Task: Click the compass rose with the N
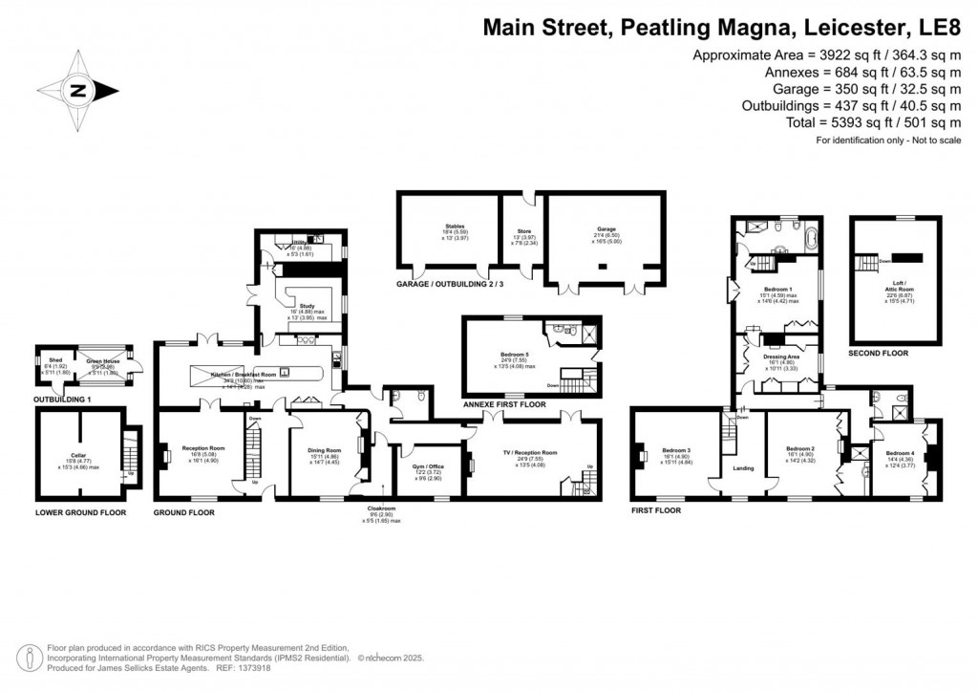(79, 91)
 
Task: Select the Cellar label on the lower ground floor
(79, 456)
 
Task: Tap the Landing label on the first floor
(743, 468)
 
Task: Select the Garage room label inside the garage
(580, 229)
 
